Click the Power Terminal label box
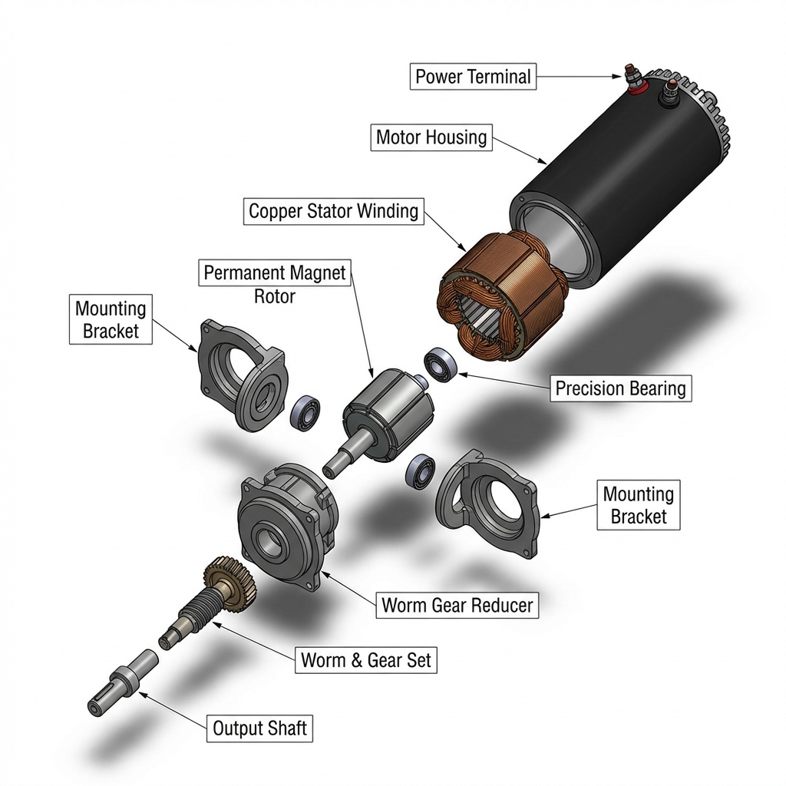point(473,77)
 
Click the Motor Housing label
point(431,137)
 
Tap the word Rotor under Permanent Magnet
point(274,296)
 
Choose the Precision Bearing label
point(620,388)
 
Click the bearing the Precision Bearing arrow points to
point(441,365)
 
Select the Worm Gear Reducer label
point(457,605)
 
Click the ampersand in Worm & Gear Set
point(356,660)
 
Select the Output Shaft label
point(259,728)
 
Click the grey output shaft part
point(122,682)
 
